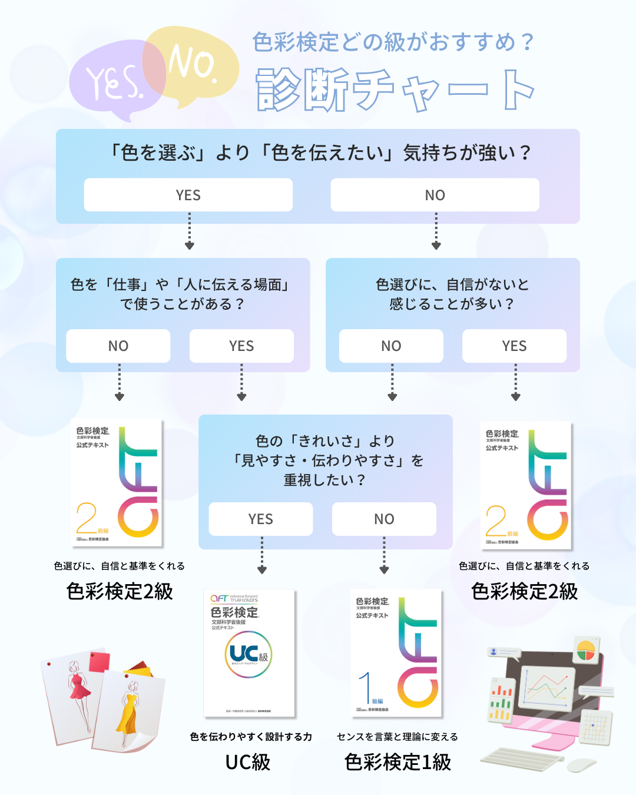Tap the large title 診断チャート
click(395, 90)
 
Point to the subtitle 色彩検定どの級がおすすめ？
click(393, 42)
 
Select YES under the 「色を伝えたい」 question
click(188, 195)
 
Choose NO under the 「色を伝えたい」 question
click(435, 195)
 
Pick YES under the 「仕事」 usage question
click(241, 346)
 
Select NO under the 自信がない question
click(391, 346)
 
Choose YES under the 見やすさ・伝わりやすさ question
click(260, 519)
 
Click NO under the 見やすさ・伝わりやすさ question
click(384, 519)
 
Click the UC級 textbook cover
click(249, 653)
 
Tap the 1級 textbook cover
click(396, 653)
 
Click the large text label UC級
click(248, 762)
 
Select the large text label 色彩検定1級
click(397, 762)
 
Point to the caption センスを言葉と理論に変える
click(397, 737)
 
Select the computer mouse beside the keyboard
click(581, 765)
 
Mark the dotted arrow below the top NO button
click(436, 231)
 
